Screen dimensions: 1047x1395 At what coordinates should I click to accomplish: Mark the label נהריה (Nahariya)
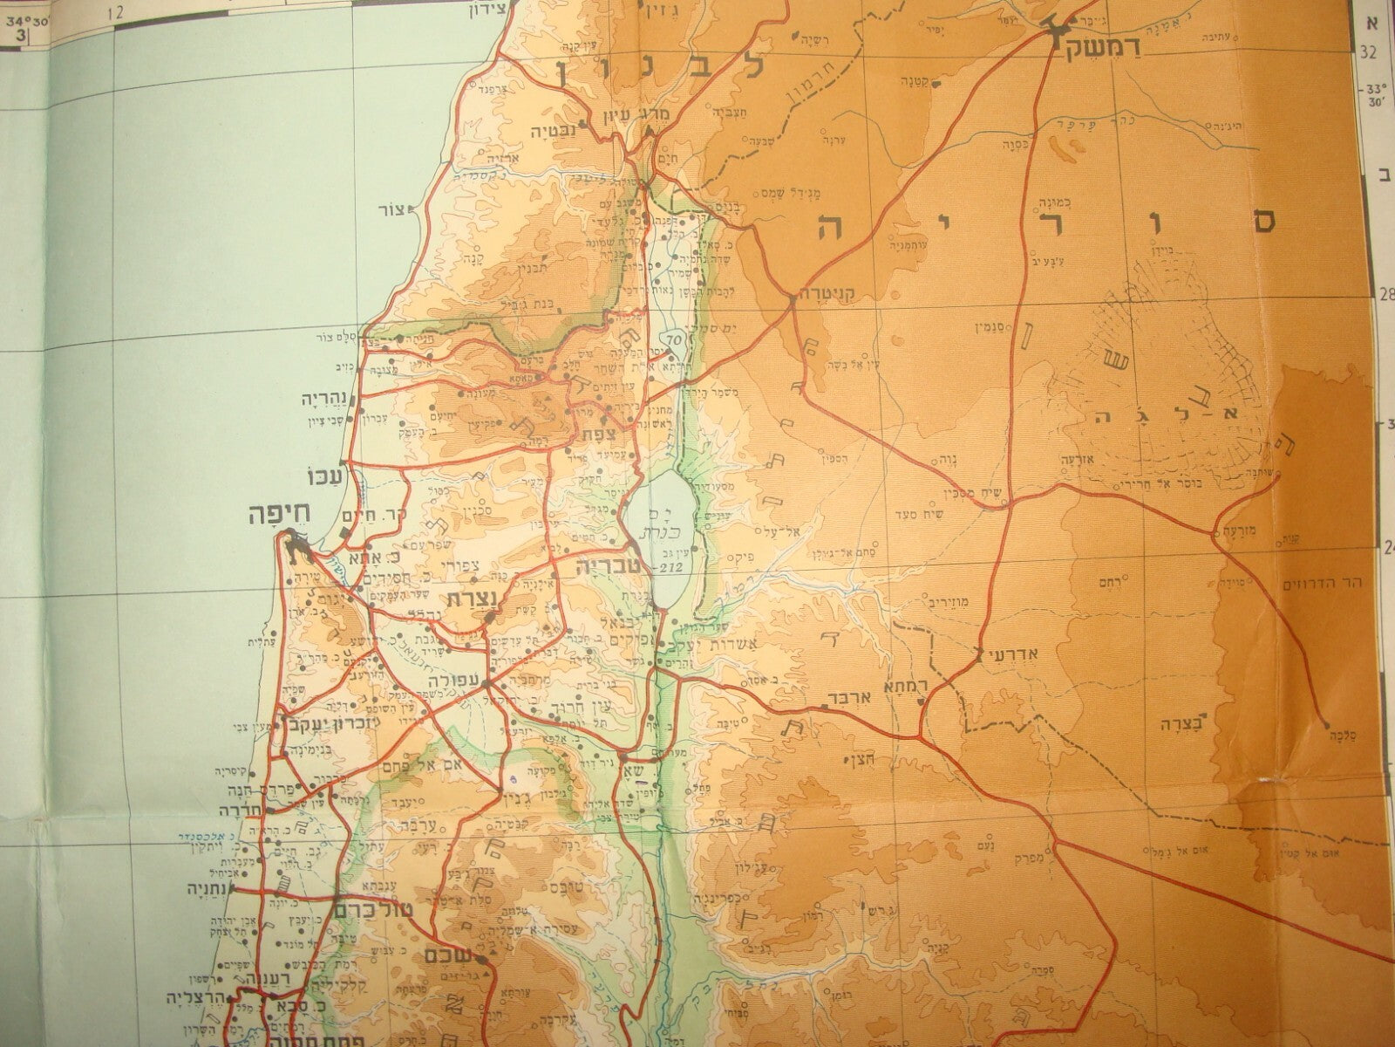click(323, 400)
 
